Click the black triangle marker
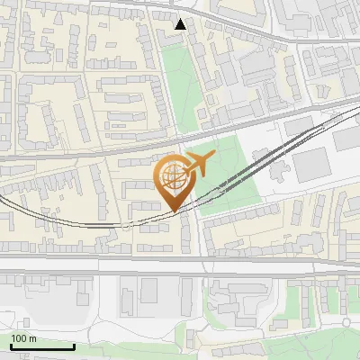pyautogui.click(x=181, y=24)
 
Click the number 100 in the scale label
pyautogui.click(x=19, y=338)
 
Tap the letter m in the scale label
pyautogui.click(x=32, y=338)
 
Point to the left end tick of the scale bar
pyautogui.click(x=10, y=345)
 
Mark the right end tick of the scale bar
pyautogui.click(x=74, y=345)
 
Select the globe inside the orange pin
pyautogui.click(x=173, y=176)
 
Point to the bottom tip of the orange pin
pyautogui.click(x=174, y=211)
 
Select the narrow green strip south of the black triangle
pyautogui.click(x=179, y=81)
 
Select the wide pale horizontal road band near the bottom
pyautogui.click(x=180, y=266)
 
